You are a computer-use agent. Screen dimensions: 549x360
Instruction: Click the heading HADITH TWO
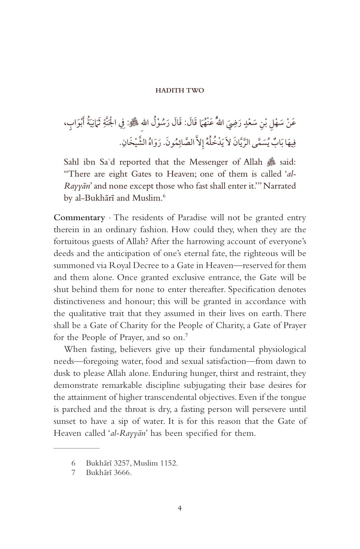pos(180,90)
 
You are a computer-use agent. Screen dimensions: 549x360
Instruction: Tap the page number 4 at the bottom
pos(180,508)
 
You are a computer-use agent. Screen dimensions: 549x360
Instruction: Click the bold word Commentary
pos(79,218)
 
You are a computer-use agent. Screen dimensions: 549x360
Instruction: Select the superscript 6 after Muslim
pos(164,196)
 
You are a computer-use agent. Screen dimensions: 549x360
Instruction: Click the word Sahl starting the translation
pos(73,162)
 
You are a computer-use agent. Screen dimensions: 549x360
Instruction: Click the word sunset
pos(66,422)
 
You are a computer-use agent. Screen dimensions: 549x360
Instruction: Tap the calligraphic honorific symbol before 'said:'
pos(271,162)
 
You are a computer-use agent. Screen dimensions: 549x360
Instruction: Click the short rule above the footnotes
pos(76,448)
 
